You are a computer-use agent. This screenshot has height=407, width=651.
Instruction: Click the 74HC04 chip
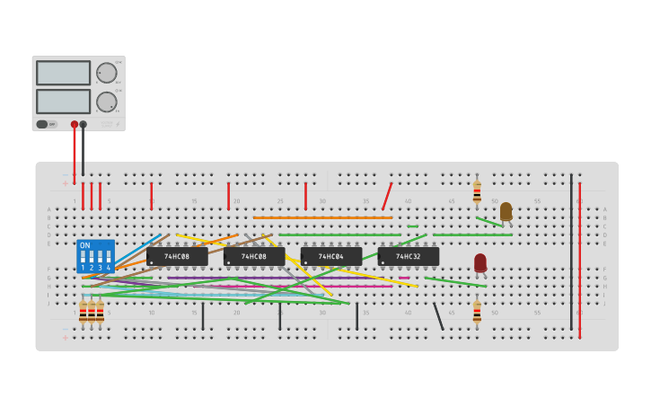point(331,256)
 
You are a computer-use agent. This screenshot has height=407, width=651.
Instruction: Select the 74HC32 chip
point(409,256)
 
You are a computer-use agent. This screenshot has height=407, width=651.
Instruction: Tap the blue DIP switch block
point(96,256)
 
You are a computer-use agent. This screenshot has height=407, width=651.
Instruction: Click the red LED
point(480,261)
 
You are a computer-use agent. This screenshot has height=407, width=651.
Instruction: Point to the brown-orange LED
point(506,211)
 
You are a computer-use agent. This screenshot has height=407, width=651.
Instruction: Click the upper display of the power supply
point(63,73)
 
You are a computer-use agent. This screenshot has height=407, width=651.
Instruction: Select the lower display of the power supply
point(63,101)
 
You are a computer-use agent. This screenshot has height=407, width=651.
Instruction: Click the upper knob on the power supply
point(107,73)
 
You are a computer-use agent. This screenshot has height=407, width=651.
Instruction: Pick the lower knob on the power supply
point(107,102)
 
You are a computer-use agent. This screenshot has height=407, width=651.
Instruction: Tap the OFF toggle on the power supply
point(47,124)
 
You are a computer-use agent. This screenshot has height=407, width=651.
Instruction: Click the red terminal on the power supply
point(75,125)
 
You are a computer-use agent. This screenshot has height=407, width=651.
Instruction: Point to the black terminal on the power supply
point(84,125)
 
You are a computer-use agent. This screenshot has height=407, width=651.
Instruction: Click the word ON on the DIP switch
point(85,245)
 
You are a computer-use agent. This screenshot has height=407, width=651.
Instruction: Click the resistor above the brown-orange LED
point(477,192)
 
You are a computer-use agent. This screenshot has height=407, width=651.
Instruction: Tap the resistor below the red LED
point(477,312)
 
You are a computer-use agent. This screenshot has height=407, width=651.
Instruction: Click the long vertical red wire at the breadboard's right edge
point(580,261)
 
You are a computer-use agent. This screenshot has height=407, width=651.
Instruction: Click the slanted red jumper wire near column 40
point(387,196)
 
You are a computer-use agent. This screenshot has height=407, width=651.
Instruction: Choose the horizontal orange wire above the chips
point(323,217)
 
